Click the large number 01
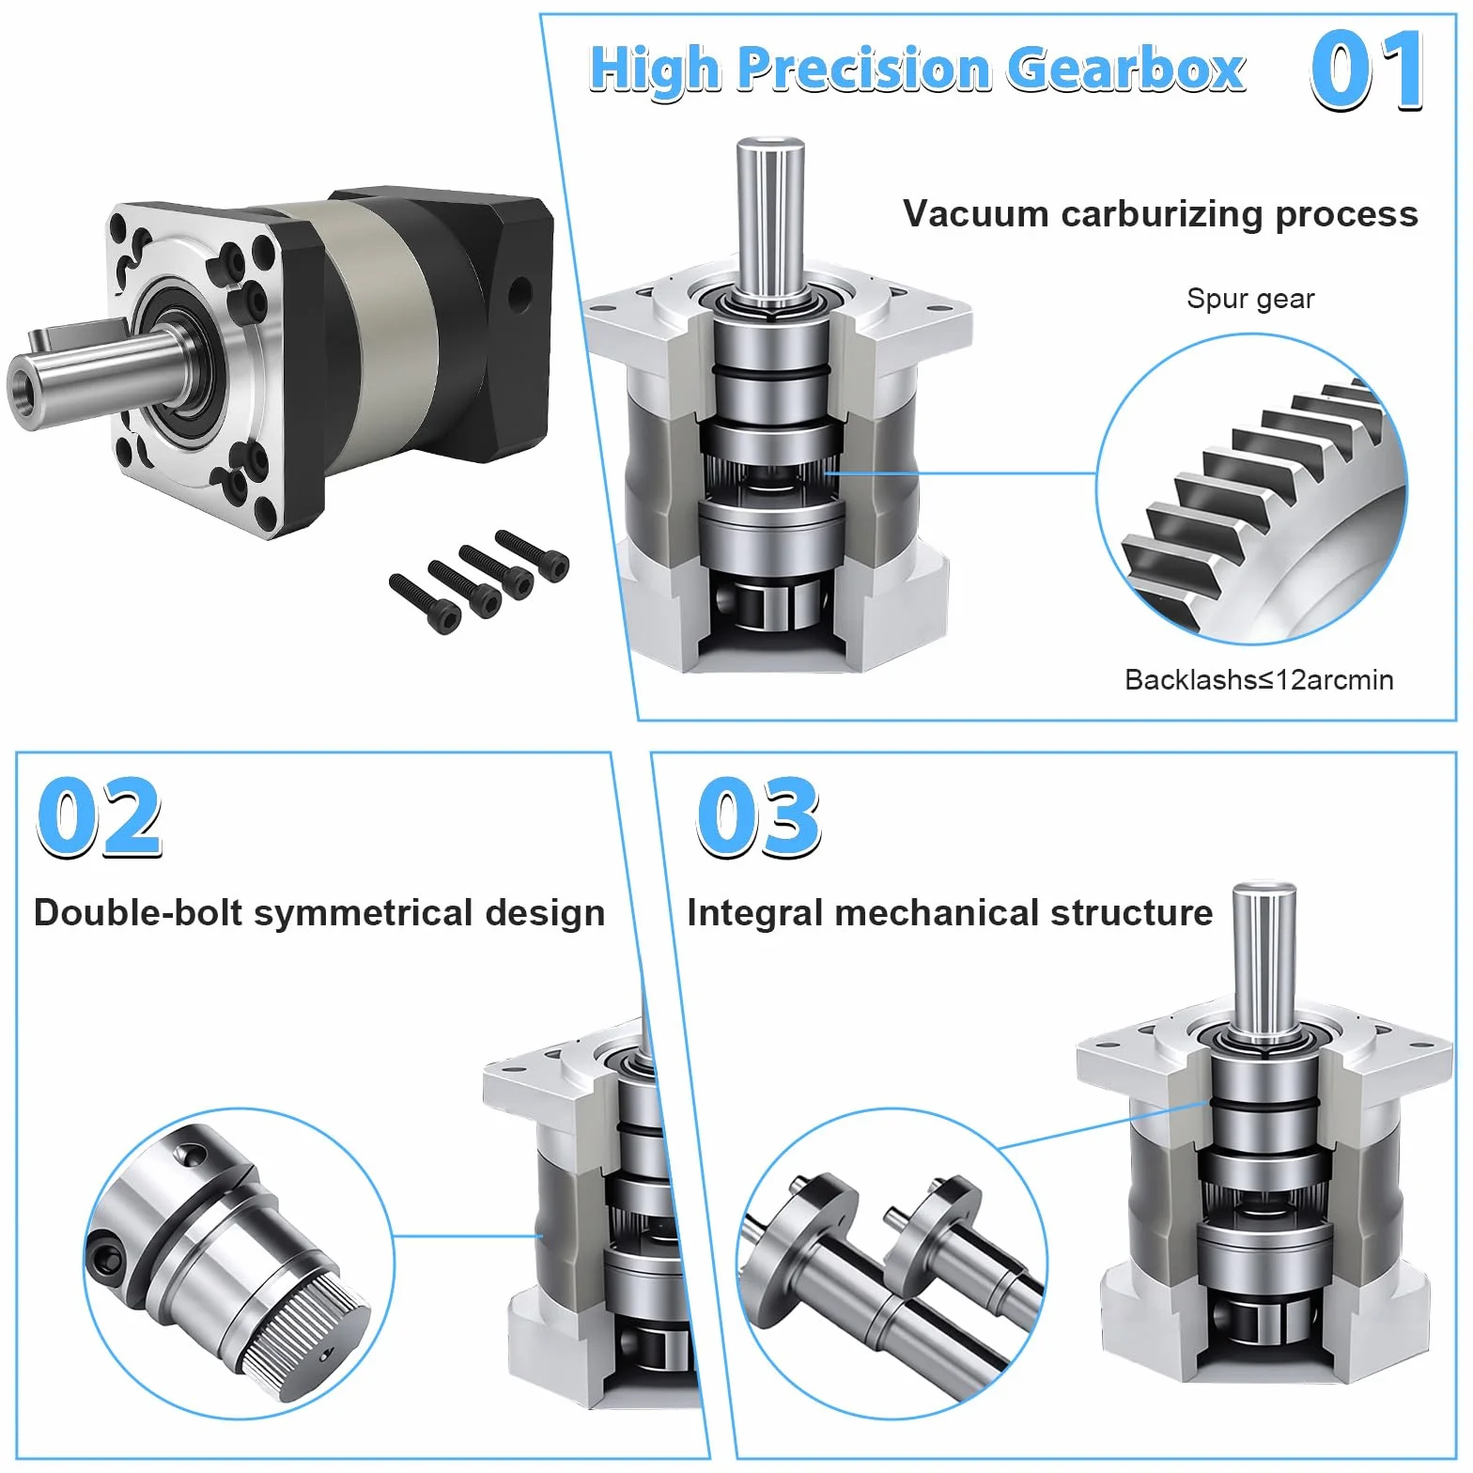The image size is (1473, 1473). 1367,70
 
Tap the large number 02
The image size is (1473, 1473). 99,816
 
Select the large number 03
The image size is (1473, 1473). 758,816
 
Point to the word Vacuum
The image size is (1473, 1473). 976,214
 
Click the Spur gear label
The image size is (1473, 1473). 1250,299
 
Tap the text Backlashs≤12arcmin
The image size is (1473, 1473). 1259,679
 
